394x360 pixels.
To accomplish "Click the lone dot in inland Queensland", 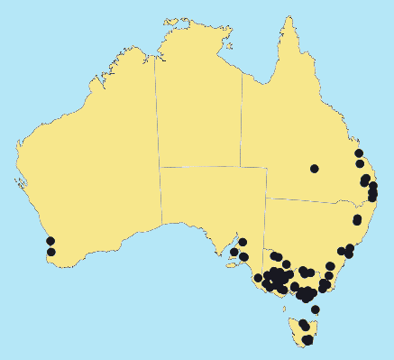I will point(314,169).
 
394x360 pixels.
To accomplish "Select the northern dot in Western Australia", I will point(50,241).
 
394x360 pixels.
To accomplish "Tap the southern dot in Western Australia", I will point(50,252).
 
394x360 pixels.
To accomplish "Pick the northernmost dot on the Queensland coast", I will point(359,153).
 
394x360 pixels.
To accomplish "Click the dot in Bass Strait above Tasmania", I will point(315,309).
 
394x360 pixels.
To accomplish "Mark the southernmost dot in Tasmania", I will point(307,340).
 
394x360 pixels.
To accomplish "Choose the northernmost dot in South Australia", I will point(243,242).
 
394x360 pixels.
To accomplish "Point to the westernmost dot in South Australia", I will point(234,253).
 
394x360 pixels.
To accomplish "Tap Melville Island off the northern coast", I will point(168,22).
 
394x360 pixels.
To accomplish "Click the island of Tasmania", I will point(301,330).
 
